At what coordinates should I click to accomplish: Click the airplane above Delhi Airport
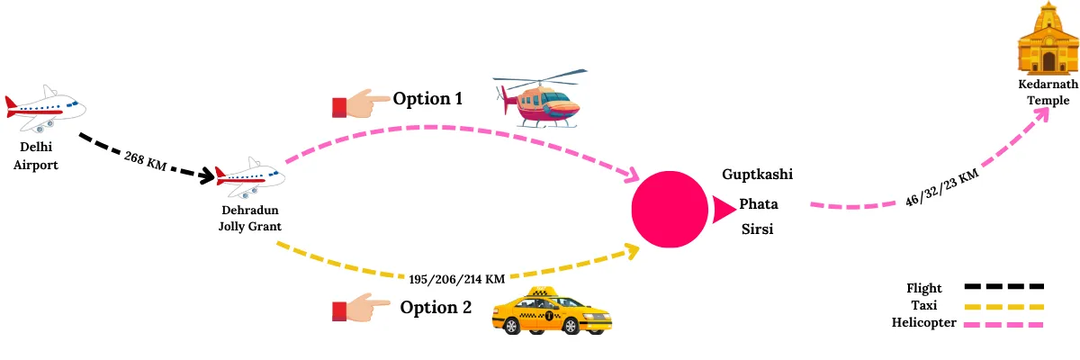[x=44, y=110]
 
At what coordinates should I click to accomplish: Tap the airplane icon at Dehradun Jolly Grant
[x=250, y=177]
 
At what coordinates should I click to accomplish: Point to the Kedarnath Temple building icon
[x=1048, y=40]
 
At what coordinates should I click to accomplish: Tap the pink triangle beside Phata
[x=723, y=210]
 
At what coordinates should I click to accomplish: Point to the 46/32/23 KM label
[x=942, y=187]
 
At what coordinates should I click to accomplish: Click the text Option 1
[x=427, y=98]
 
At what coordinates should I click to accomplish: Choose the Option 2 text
[x=436, y=307]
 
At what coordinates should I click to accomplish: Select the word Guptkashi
[x=757, y=174]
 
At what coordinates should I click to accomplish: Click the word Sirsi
[x=757, y=229]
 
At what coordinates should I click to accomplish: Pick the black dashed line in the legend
[x=1003, y=287]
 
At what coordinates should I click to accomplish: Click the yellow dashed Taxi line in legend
[x=1003, y=306]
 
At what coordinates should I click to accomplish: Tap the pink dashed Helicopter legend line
[x=1003, y=323]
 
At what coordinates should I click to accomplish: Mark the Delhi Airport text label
[x=36, y=155]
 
